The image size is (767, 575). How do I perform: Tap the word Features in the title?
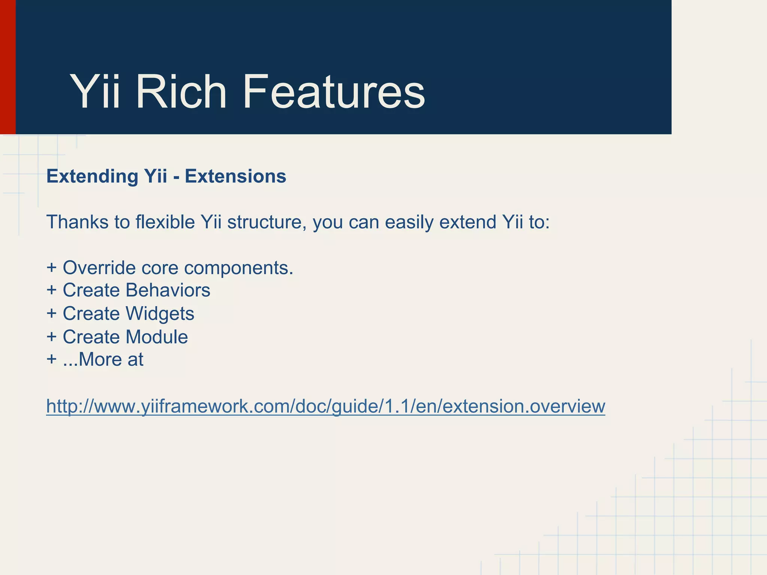[333, 92]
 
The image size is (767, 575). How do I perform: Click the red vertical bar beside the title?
[7, 67]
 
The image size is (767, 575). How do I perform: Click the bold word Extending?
[92, 176]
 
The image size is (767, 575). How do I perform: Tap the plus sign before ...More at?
[52, 360]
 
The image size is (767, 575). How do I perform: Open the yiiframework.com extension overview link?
[325, 406]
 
